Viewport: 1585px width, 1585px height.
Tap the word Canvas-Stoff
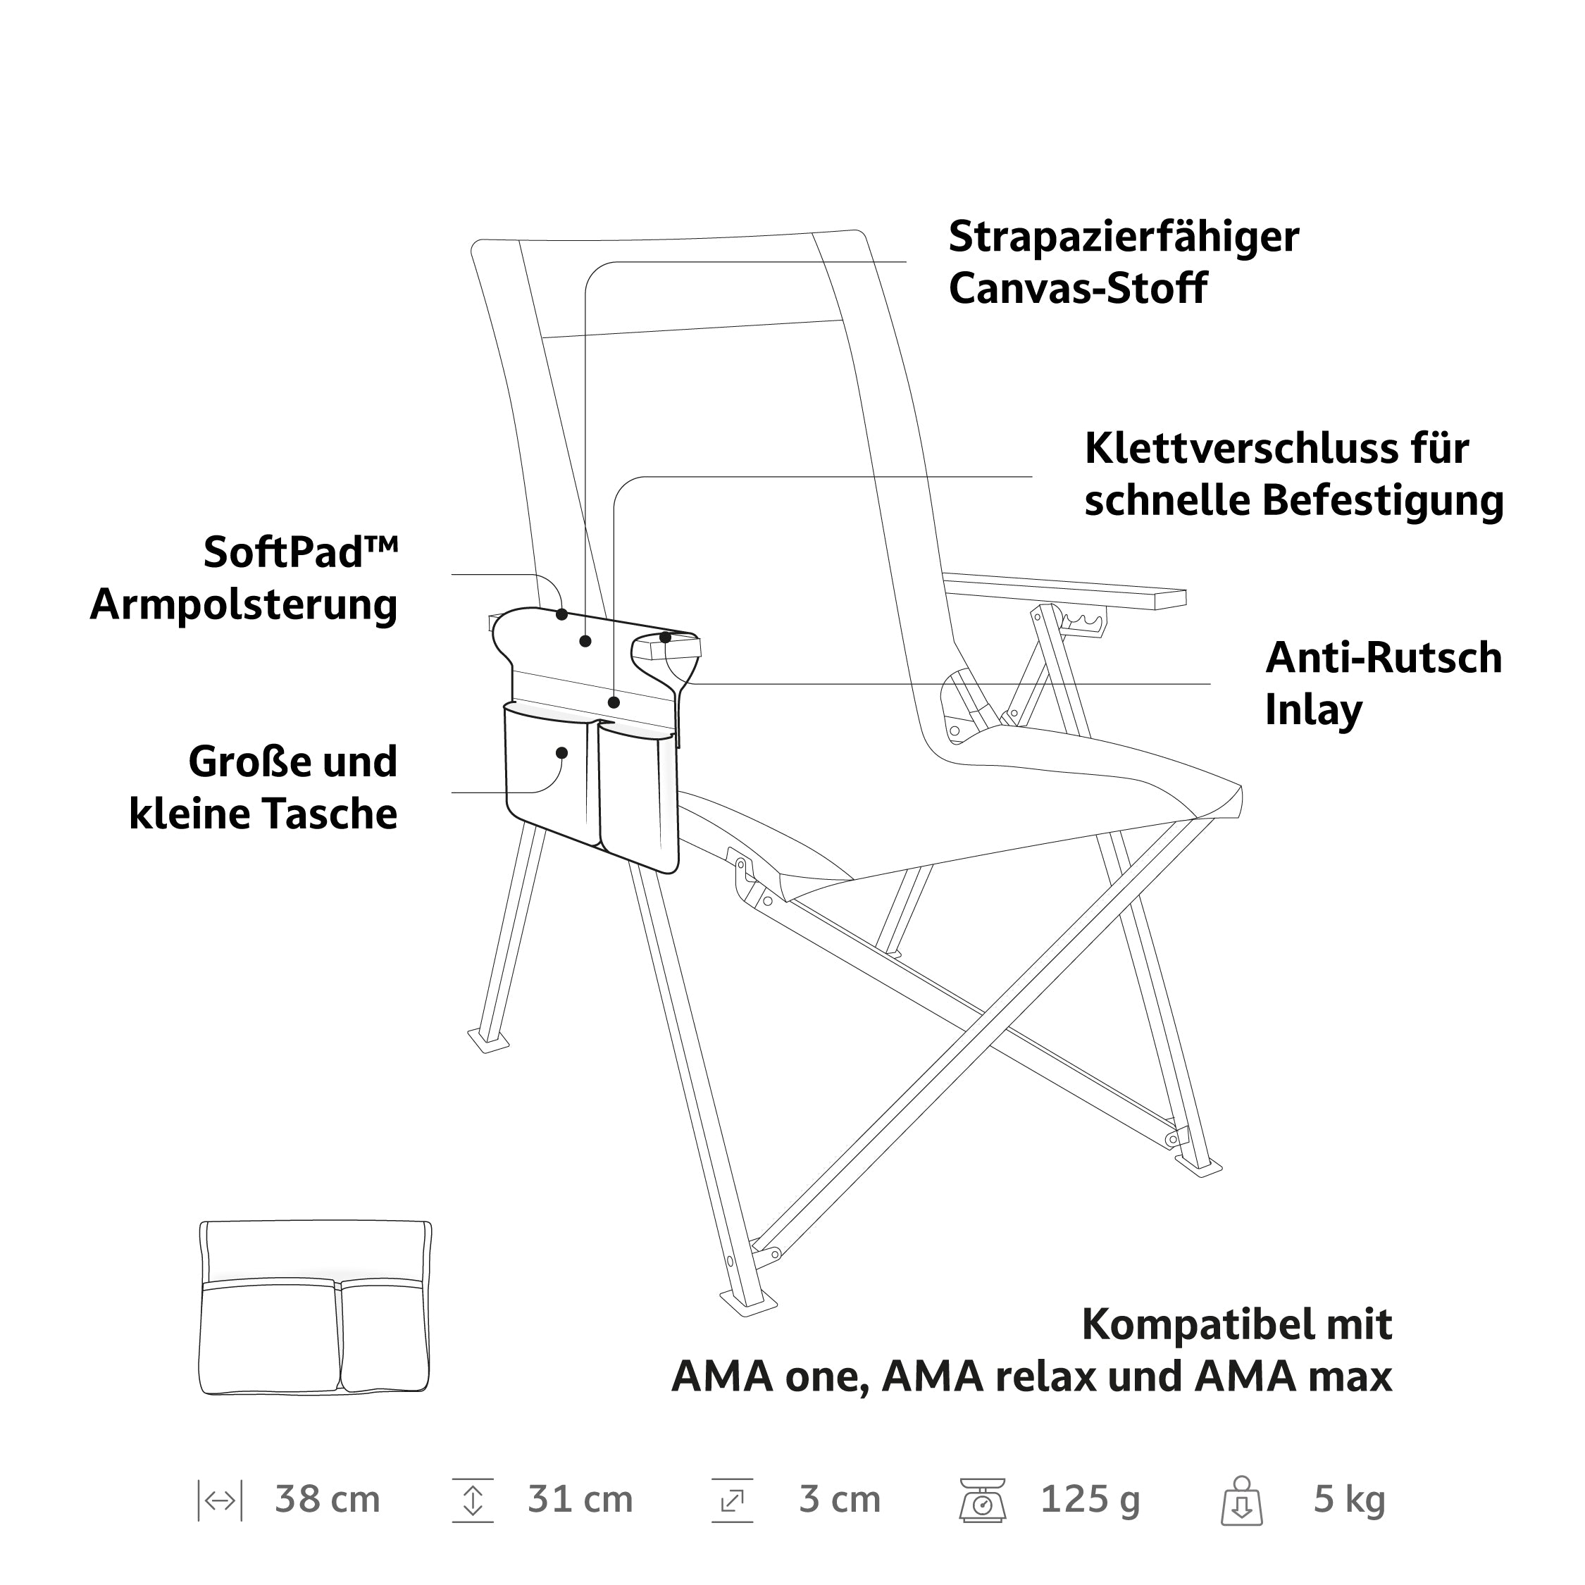pyautogui.click(x=1077, y=288)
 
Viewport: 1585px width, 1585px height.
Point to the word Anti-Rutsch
pyautogui.click(x=1384, y=658)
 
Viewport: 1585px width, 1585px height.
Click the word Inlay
pyautogui.click(x=1314, y=711)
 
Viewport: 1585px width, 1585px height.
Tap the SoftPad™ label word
pyautogui.click(x=301, y=552)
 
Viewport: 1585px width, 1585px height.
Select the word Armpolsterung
pyautogui.click(x=244, y=605)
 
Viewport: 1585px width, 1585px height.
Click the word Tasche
pyautogui.click(x=331, y=814)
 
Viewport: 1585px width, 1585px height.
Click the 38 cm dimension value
pyautogui.click(x=328, y=1499)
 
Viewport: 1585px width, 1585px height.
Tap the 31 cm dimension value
pyautogui.click(x=580, y=1499)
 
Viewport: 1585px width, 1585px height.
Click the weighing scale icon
pyautogui.click(x=982, y=1500)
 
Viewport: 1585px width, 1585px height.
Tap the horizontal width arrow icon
pyautogui.click(x=220, y=1501)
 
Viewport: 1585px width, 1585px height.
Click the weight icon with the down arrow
pyautogui.click(x=1241, y=1500)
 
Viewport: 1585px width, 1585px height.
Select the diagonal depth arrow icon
pyautogui.click(x=732, y=1500)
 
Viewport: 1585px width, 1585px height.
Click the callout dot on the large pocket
pyautogui.click(x=562, y=753)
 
